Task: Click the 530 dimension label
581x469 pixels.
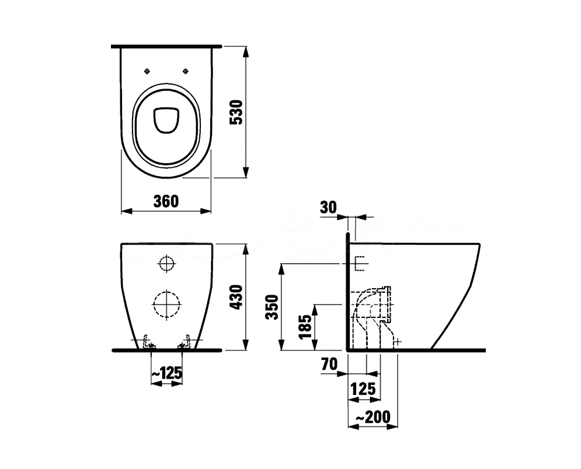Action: tap(236, 112)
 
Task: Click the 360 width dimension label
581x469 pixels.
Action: tap(166, 201)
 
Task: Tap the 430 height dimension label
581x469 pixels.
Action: tap(236, 297)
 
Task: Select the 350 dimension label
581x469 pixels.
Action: tap(273, 307)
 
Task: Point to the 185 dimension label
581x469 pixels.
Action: tap(306, 327)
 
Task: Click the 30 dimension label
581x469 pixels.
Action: tap(328, 208)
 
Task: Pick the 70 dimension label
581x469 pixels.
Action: tap(329, 364)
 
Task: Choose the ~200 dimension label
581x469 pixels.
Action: tap(373, 417)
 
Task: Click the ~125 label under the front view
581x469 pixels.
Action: tap(167, 373)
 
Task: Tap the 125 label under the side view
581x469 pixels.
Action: tap(363, 389)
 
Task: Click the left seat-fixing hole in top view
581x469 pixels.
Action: tap(147, 71)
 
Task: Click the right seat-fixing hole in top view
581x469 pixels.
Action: tap(186, 71)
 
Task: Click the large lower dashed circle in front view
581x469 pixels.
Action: tap(167, 304)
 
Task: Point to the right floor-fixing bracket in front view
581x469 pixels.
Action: tap(185, 342)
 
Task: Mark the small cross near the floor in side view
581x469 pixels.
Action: tap(397, 341)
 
